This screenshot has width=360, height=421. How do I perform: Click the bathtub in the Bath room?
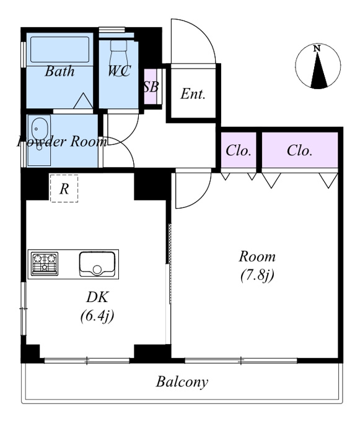click(59, 50)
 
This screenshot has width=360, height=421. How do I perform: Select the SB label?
click(151, 87)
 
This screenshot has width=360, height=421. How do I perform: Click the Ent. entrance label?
click(193, 93)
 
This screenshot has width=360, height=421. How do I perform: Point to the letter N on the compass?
click(317, 48)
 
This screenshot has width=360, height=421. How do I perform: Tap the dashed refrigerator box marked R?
click(64, 188)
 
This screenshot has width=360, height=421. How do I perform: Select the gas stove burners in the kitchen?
click(45, 263)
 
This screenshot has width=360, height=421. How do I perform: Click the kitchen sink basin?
click(97, 264)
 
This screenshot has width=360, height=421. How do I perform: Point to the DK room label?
click(97, 297)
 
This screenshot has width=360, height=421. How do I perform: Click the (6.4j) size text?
click(97, 316)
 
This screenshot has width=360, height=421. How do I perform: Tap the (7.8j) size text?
click(257, 276)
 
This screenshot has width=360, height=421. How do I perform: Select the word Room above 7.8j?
click(257, 257)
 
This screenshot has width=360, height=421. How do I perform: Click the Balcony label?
click(182, 382)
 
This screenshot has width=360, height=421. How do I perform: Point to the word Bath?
click(59, 71)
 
